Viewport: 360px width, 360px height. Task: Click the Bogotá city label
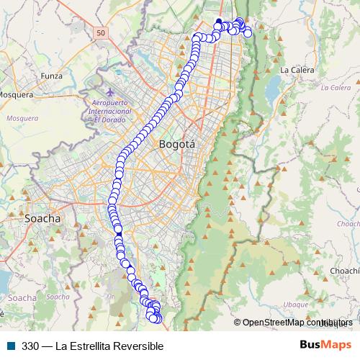pos(177,144)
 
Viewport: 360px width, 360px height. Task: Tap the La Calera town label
pos(295,70)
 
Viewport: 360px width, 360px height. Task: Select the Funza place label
pos(53,75)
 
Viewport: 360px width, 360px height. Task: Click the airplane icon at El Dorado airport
pos(109,93)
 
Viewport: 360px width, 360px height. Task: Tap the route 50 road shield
pos(100,33)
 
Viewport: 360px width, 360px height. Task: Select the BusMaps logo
pos(325,345)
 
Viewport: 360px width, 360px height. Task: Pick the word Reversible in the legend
pos(139,346)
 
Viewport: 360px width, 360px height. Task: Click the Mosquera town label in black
pos(17,94)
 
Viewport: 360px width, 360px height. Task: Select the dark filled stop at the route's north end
pos(219,21)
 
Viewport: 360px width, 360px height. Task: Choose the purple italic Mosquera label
pos(22,117)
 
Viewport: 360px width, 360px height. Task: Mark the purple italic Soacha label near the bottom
pos(22,297)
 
